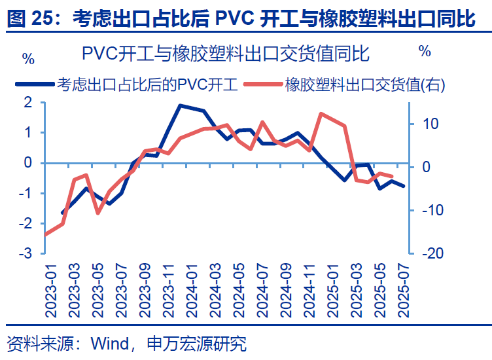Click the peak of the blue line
[x=180, y=105]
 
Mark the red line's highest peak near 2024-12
[x=321, y=114]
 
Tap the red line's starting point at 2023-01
[x=44, y=234]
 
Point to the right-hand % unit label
[x=425, y=50]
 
